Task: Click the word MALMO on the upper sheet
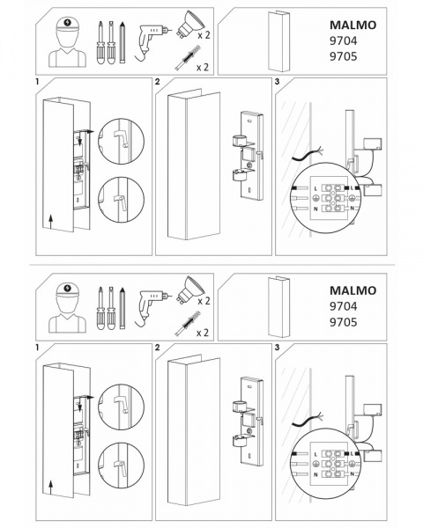pyautogui.click(x=352, y=26)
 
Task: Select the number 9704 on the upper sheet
pyautogui.click(x=343, y=41)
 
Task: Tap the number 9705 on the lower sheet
pyautogui.click(x=343, y=322)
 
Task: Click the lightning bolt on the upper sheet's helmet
pyautogui.click(x=68, y=23)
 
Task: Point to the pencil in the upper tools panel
pyautogui.click(x=122, y=42)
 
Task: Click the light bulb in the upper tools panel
pyautogui.click(x=190, y=25)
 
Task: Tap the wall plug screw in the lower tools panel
pyautogui.click(x=187, y=324)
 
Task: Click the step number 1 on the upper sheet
pyautogui.click(x=37, y=82)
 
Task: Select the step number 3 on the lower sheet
pyautogui.click(x=278, y=348)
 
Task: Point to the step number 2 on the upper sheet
pyautogui.click(x=157, y=82)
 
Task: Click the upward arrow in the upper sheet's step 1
pyautogui.click(x=50, y=223)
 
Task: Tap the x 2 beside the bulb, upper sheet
pyautogui.click(x=204, y=34)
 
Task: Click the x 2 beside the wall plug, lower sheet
pyautogui.click(x=203, y=333)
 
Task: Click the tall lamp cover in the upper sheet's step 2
pyautogui.click(x=194, y=165)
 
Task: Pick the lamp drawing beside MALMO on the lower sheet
pyautogui.click(x=278, y=307)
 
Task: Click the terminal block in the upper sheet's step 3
pyautogui.click(x=332, y=198)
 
